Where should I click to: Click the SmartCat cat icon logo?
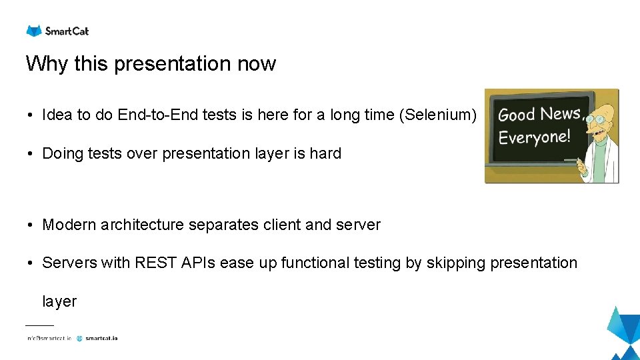[x=33, y=31]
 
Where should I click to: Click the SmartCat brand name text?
[x=67, y=31]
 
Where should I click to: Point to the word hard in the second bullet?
[x=325, y=153]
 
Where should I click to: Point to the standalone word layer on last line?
[x=59, y=301]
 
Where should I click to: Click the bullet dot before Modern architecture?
[x=31, y=225]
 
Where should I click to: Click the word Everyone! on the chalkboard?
[x=535, y=137]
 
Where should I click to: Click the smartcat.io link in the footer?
[x=101, y=338]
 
